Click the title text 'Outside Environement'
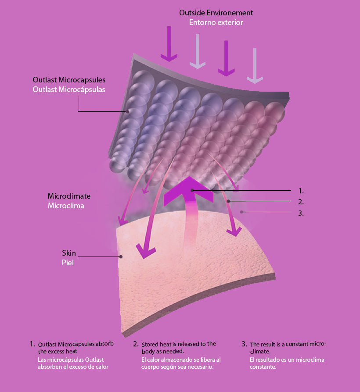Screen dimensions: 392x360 [x=216, y=13]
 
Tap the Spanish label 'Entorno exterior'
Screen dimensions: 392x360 [x=216, y=22]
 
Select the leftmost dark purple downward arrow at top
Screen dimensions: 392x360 [x=169, y=44]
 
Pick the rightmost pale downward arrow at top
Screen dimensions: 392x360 [x=255, y=65]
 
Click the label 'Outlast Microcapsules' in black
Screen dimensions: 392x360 [x=69, y=80]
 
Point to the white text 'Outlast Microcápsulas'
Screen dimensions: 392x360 [x=69, y=89]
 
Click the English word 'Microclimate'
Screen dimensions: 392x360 [x=69, y=196]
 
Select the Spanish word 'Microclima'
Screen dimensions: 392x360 [x=66, y=205]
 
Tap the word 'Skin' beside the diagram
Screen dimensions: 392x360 [x=69, y=253]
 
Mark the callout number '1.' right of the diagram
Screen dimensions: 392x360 [x=301, y=191]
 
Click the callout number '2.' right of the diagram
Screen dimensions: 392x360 [x=301, y=202]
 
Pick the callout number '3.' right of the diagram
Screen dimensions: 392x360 [x=301, y=214]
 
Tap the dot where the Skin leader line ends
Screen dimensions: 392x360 [x=120, y=257]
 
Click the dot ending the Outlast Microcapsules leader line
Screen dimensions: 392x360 [x=128, y=111]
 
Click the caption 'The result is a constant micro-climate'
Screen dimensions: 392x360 [x=288, y=348]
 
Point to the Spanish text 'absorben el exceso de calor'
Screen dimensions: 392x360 [x=73, y=367]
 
